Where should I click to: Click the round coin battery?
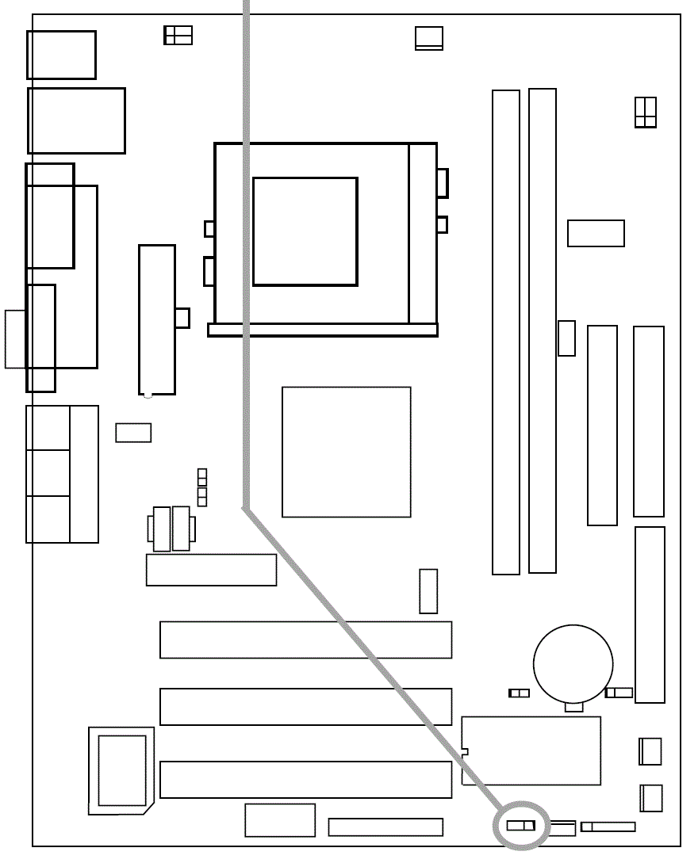[573, 663]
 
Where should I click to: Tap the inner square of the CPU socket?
[305, 231]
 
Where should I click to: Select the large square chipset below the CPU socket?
[346, 452]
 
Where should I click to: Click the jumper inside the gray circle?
[520, 826]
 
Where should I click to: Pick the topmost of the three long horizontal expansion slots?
[305, 640]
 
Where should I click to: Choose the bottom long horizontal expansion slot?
[305, 780]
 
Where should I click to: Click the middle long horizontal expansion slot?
[305, 707]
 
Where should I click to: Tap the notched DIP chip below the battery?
[531, 750]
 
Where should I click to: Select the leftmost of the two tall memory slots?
[506, 332]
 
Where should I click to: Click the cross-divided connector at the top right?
[646, 112]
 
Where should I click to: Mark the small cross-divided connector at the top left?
[178, 35]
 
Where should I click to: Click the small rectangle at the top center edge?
[429, 38]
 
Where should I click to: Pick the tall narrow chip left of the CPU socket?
[157, 319]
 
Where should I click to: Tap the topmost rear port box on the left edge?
[61, 55]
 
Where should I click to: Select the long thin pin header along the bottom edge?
[385, 827]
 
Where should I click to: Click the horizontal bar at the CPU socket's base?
[322, 330]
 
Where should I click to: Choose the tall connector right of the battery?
[650, 615]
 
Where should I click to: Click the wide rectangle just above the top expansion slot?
[211, 570]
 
